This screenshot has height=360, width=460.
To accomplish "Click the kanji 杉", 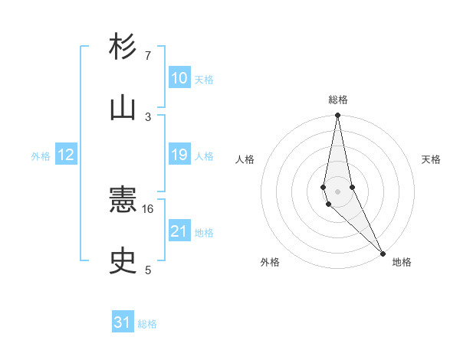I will (x=123, y=47).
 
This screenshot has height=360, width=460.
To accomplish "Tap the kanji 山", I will (x=123, y=107).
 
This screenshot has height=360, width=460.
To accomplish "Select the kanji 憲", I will (x=123, y=201).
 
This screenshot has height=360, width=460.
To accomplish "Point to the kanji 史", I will (x=123, y=262).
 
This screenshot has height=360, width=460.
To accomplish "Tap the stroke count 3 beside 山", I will (x=148, y=116).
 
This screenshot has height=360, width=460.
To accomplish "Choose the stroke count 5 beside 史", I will (x=148, y=270).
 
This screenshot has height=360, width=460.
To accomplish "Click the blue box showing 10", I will (x=179, y=78).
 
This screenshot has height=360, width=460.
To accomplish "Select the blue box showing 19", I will (x=179, y=155).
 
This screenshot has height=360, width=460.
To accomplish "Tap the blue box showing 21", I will (x=179, y=231).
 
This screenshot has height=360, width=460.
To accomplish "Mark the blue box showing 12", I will (x=66, y=155).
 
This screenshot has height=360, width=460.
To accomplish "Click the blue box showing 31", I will (x=123, y=322).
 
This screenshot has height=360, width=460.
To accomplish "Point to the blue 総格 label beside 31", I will (x=147, y=324).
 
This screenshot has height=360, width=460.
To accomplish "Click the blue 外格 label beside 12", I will (x=41, y=156).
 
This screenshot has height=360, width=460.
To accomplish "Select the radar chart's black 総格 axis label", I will (x=338, y=100).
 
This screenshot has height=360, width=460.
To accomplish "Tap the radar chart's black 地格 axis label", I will (x=402, y=262).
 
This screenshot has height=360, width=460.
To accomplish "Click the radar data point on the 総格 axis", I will (x=337, y=116).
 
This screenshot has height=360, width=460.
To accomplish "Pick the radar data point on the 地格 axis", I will (x=383, y=252).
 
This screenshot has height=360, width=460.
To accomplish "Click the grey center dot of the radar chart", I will (x=337, y=191).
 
